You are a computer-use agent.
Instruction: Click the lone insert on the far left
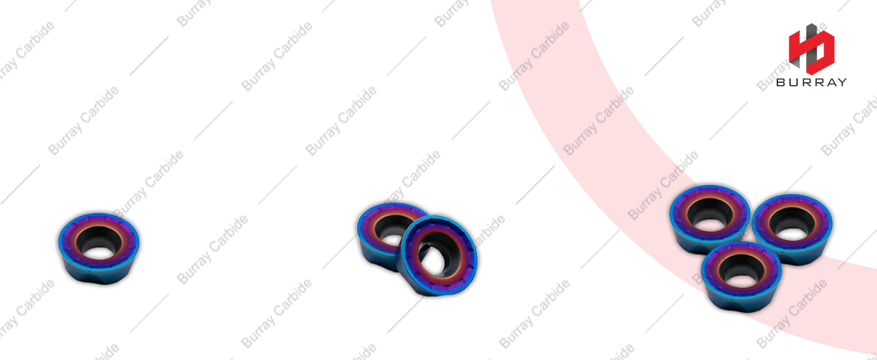point(99,248)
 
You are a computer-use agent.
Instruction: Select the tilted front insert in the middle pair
point(437,256)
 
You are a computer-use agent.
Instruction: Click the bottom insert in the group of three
point(741,277)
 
